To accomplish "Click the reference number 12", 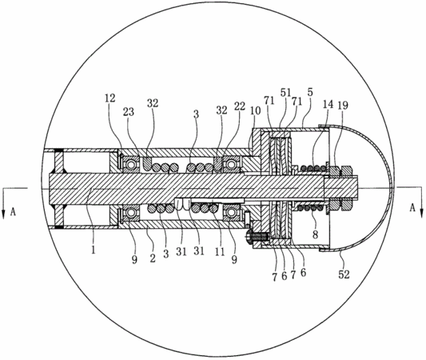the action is click(x=110, y=98).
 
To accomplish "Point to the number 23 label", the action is click(x=129, y=111).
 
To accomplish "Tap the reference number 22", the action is click(x=240, y=106).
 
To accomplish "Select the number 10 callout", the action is click(x=256, y=110).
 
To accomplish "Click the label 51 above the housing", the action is click(x=286, y=92).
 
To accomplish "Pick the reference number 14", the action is click(x=328, y=105).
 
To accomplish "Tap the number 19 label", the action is click(x=343, y=106).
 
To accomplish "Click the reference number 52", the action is click(x=344, y=274).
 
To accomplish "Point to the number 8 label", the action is click(x=315, y=234).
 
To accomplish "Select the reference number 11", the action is click(x=220, y=252).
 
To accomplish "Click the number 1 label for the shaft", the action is click(x=94, y=250).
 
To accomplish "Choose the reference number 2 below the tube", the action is click(x=153, y=258).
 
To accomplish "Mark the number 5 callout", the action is click(x=310, y=92).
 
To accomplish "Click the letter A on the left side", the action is click(x=13, y=212).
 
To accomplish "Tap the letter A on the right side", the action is click(x=412, y=208).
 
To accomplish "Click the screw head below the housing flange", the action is click(x=249, y=234).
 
